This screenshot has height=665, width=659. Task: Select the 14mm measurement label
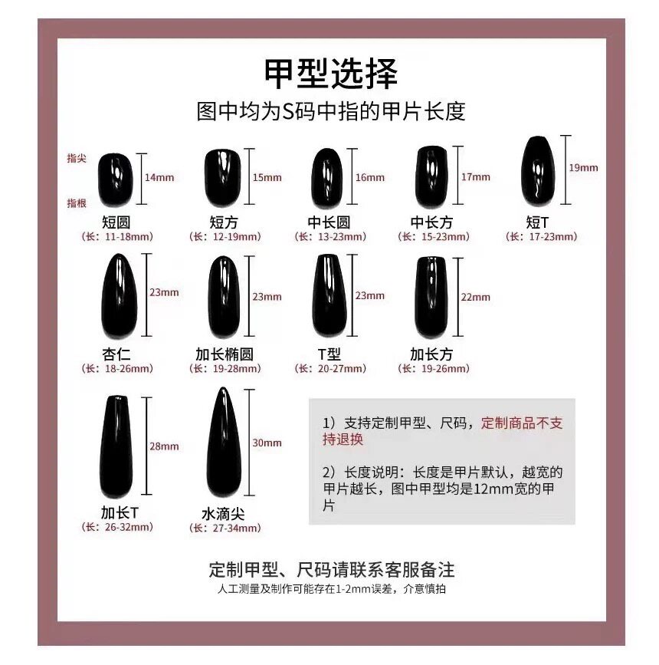(159, 177)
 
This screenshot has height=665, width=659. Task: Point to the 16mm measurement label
(370, 177)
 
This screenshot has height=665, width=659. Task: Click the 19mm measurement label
(584, 167)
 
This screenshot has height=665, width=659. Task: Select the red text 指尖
(77, 157)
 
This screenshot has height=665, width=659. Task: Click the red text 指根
(77, 202)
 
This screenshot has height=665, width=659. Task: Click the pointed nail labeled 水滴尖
(223, 444)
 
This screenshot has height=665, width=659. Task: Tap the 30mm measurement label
(267, 443)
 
